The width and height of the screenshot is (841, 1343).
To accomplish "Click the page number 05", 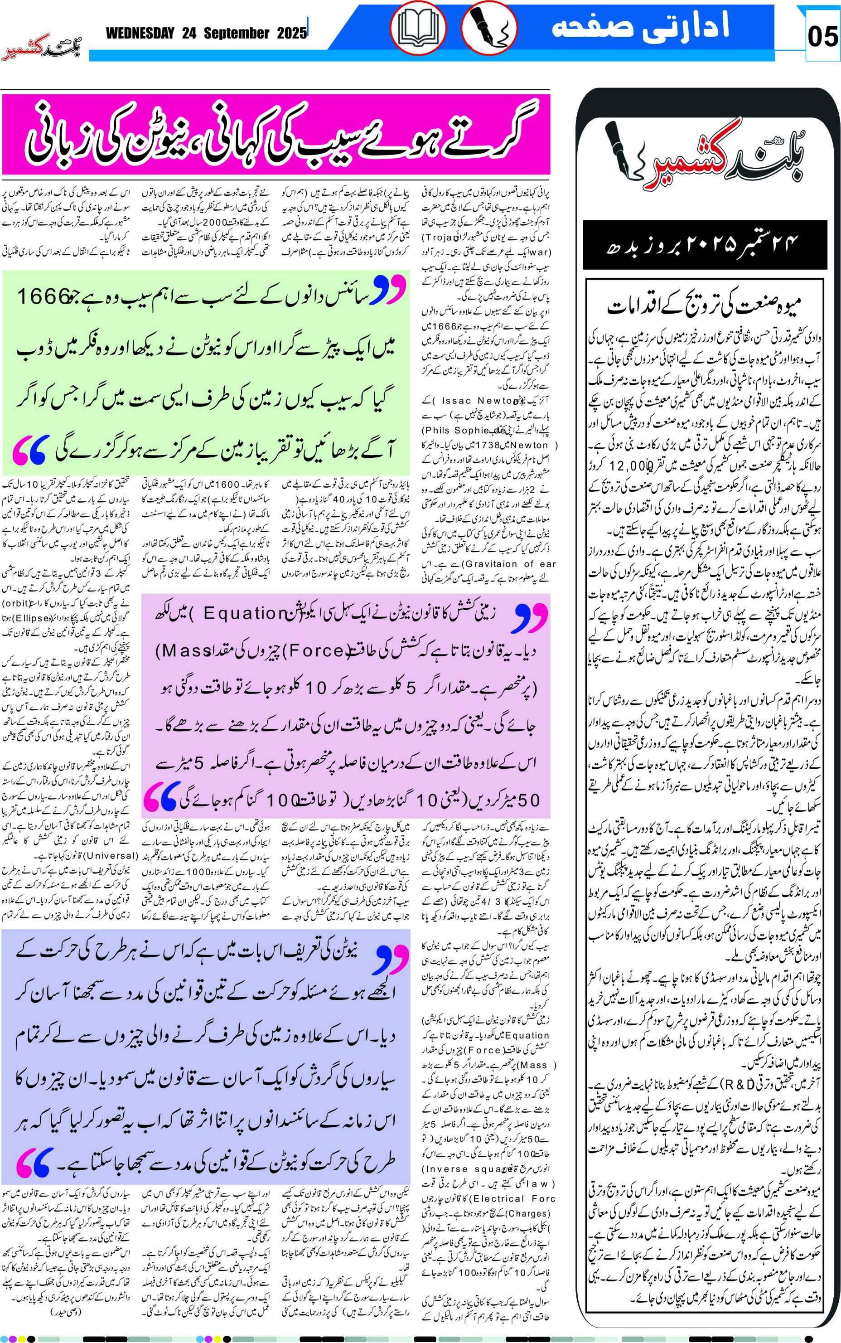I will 822,37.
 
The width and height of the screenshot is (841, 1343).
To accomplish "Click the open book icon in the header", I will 418,28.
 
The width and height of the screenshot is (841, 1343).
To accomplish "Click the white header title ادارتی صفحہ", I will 640,27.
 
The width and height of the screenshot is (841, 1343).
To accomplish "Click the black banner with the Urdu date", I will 704,245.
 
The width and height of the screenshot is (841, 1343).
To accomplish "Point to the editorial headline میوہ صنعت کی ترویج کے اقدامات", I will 704,305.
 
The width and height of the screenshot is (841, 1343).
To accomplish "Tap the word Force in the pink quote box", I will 315,650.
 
